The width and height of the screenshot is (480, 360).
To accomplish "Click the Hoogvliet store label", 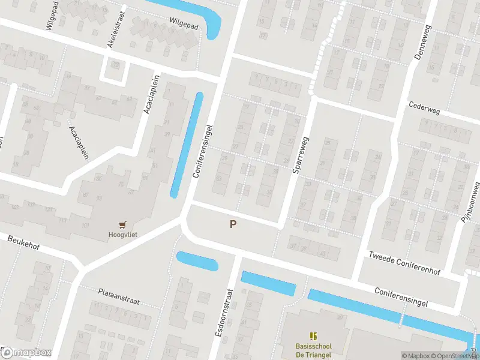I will coord(122,235).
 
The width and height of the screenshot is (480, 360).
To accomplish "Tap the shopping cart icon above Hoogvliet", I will coord(123,225).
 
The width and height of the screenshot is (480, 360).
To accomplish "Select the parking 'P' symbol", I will coord(233,224).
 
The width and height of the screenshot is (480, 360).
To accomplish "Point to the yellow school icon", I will coord(313,336).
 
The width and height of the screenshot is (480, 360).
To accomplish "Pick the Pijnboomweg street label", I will coord(471,203).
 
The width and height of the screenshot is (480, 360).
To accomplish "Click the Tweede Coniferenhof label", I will coord(404,263).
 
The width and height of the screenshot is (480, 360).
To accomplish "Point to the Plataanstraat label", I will coord(119,296).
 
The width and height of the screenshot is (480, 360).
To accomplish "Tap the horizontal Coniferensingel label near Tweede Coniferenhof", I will coord(401,296).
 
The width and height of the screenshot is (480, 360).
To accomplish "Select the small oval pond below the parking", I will coord(197,261).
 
